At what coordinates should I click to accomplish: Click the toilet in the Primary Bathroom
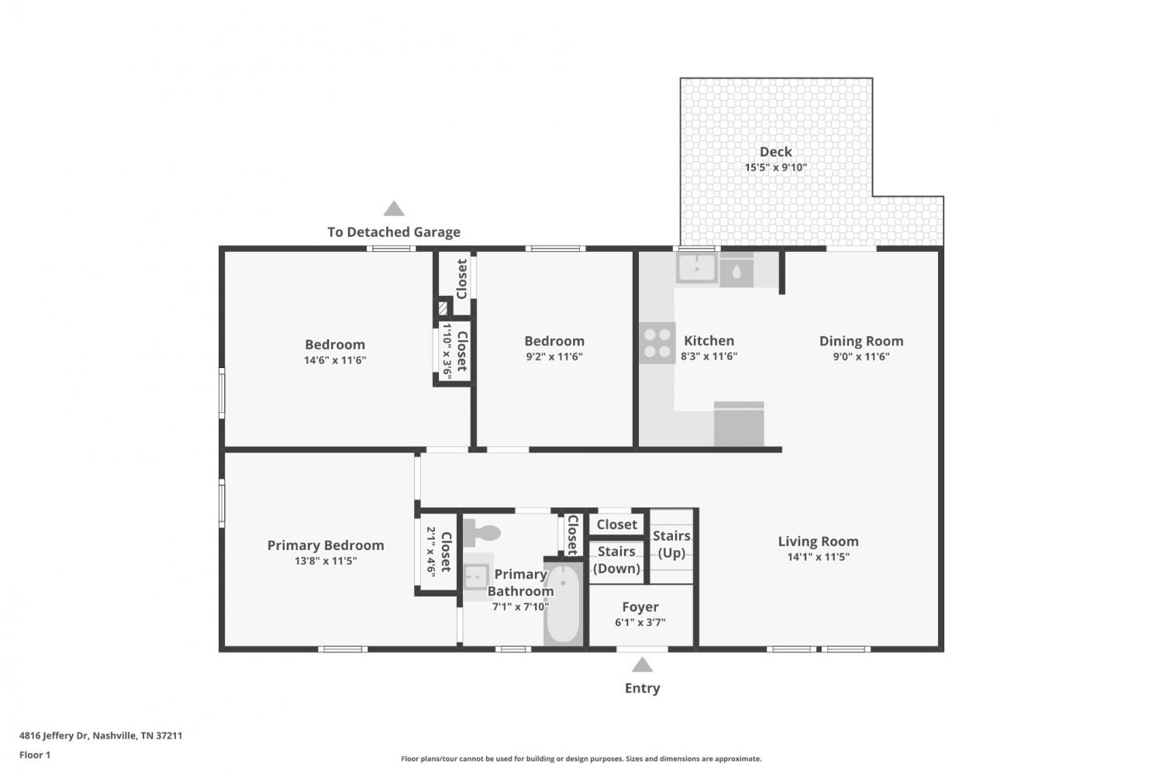point(481,533)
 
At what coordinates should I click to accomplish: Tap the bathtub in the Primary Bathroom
point(564,604)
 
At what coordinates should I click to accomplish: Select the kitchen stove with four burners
point(657,343)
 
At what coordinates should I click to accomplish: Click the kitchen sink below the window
point(697,268)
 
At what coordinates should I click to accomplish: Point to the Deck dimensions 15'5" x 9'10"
point(775,167)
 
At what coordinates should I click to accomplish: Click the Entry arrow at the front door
point(642,665)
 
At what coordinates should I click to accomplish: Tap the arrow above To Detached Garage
point(394,208)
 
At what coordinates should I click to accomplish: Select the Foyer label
point(640,607)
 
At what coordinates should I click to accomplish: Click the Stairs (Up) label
point(671,544)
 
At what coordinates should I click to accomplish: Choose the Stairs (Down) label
point(616,559)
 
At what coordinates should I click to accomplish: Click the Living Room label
point(818,541)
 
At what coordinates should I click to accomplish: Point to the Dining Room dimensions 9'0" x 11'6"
point(861,356)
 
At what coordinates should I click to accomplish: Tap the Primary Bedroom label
point(326,545)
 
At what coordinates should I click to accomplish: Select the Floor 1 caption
point(35,755)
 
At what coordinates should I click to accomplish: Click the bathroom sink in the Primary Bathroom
point(475,577)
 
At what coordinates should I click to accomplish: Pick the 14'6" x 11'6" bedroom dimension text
point(335,360)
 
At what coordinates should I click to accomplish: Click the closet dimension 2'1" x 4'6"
point(431,552)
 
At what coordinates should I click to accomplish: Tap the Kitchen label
point(709,341)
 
